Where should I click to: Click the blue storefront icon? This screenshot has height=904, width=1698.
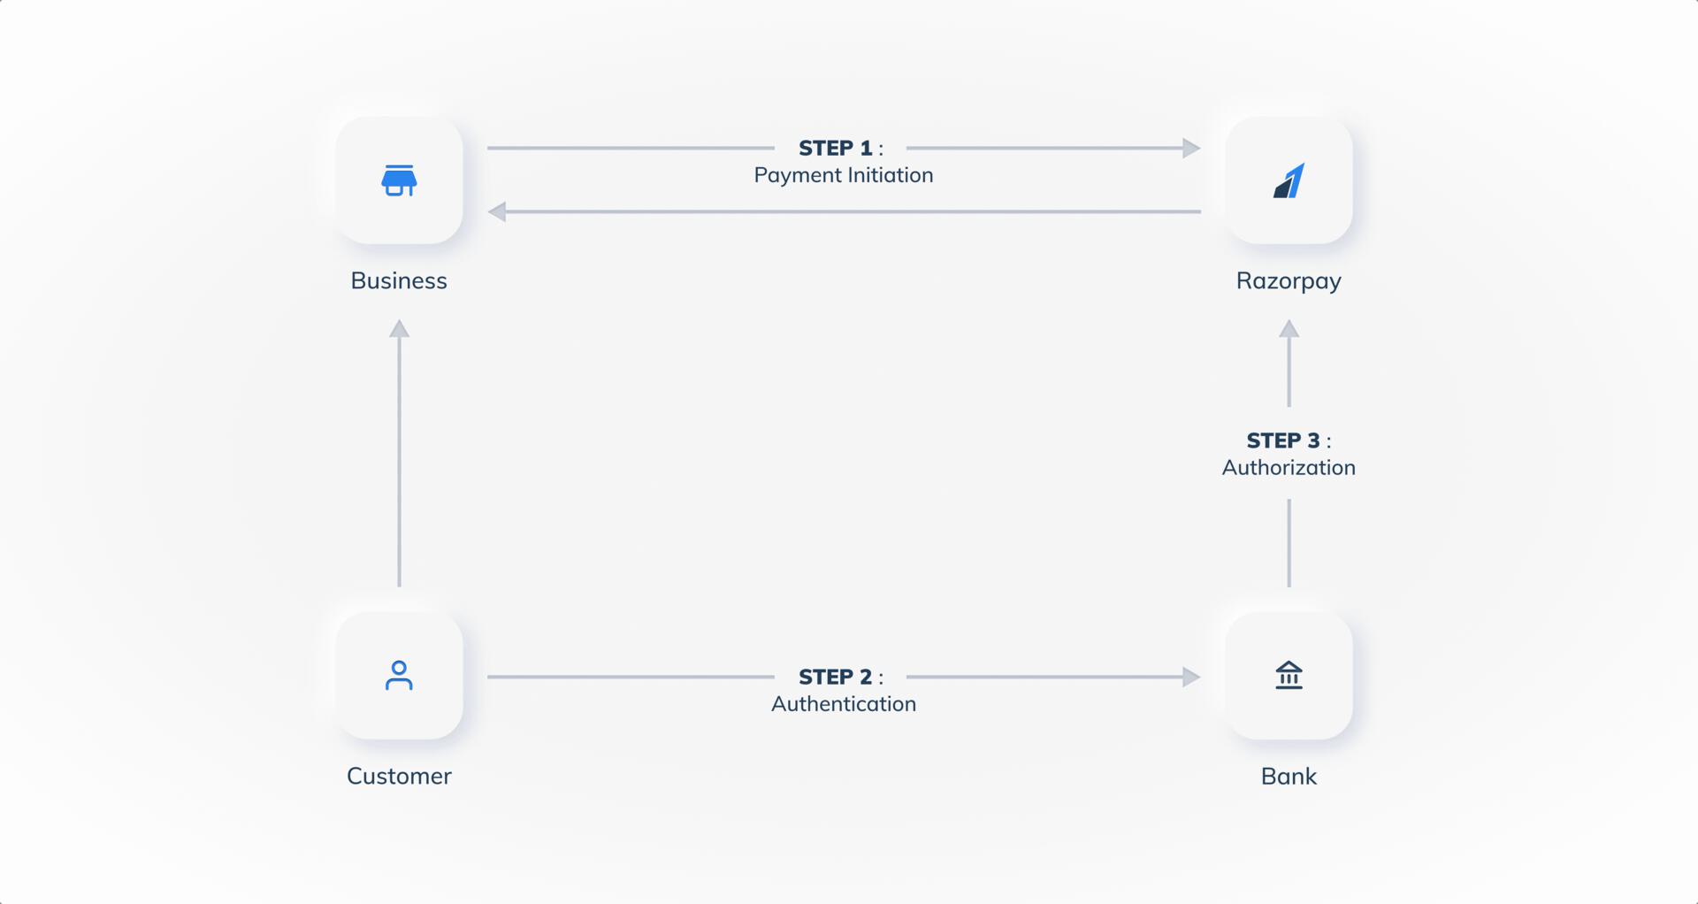pyautogui.click(x=399, y=180)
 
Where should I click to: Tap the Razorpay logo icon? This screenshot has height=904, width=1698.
pyautogui.click(x=1289, y=180)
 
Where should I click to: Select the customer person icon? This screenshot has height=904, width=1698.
pyautogui.click(x=399, y=676)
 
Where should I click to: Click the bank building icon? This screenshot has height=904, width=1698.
pyautogui.click(x=1289, y=675)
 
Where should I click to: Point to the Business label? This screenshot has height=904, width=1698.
pyautogui.click(x=399, y=280)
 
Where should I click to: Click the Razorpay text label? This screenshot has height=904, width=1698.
pyautogui.click(x=1289, y=281)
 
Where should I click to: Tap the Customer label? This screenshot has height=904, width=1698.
pyautogui.click(x=399, y=776)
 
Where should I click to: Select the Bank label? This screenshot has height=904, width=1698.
pyautogui.click(x=1289, y=776)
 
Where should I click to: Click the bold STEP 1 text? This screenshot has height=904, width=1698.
pyautogui.click(x=836, y=148)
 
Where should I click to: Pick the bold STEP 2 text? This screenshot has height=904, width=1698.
pyautogui.click(x=836, y=677)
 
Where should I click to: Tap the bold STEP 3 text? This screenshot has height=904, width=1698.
pyautogui.click(x=1283, y=441)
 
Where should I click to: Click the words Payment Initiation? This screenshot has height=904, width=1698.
pyautogui.click(x=844, y=175)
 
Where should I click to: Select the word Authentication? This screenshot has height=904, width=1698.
pyautogui.click(x=844, y=704)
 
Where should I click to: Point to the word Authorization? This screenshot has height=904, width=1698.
pyautogui.click(x=1289, y=467)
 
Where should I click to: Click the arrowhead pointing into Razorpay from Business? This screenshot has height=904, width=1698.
pyautogui.click(x=1191, y=148)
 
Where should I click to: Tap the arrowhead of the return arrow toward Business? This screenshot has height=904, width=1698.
pyautogui.click(x=497, y=211)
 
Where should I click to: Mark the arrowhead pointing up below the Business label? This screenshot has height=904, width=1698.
pyautogui.click(x=399, y=329)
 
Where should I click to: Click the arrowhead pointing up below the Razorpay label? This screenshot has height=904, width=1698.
pyautogui.click(x=1289, y=329)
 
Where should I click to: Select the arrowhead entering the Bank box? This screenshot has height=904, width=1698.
pyautogui.click(x=1191, y=677)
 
